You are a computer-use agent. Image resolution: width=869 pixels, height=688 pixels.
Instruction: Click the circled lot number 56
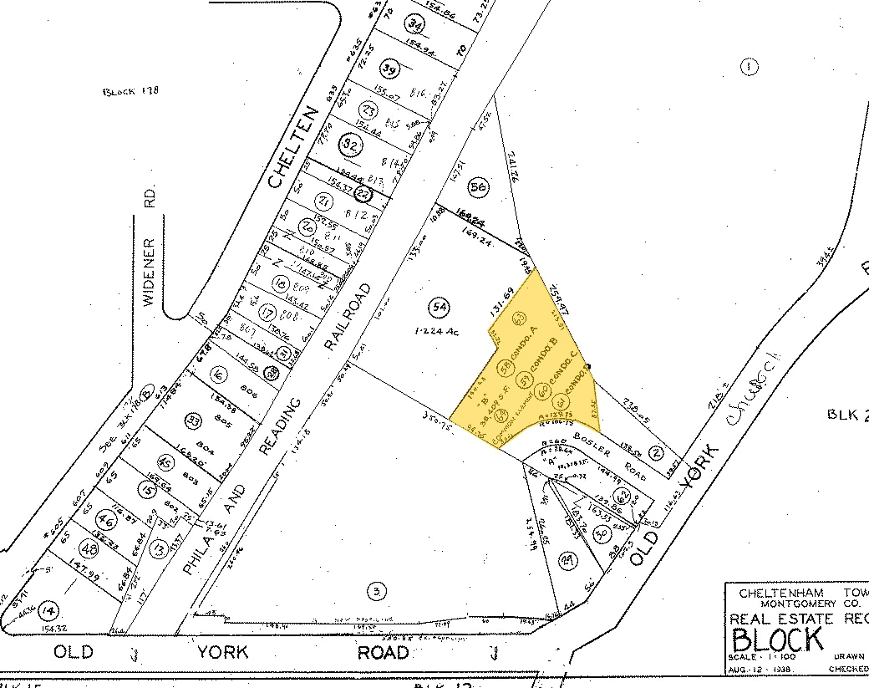click(478, 187)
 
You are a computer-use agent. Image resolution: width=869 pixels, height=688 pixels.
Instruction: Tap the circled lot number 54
click(438, 308)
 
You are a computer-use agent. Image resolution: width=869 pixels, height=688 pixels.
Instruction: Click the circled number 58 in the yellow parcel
click(506, 367)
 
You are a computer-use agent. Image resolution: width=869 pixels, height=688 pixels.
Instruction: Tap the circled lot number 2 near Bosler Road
click(656, 454)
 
